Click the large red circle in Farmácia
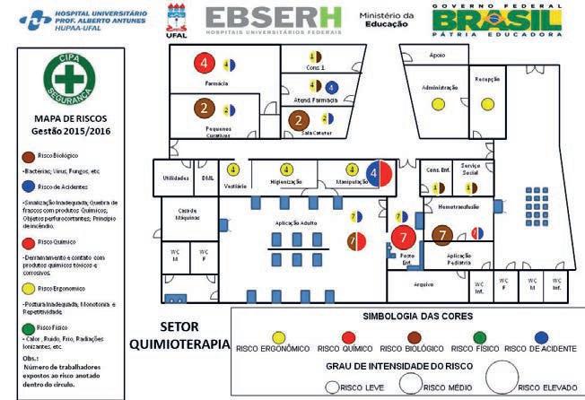click(205, 63)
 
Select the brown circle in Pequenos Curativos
click(205, 109)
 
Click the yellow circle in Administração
click(438, 104)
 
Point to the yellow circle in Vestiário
click(233, 169)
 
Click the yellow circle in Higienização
click(287, 169)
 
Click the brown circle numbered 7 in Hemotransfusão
click(441, 234)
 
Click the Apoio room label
click(437, 55)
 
